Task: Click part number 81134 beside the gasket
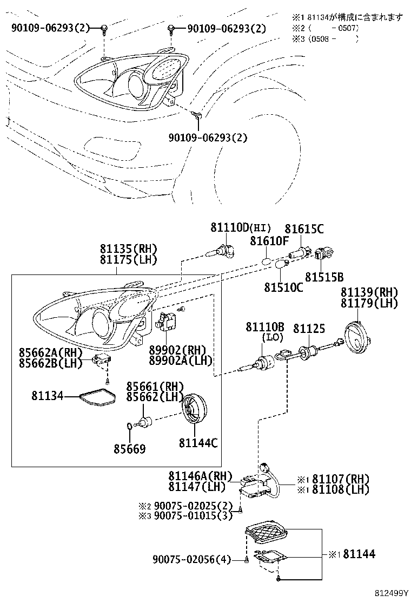click(x=47, y=396)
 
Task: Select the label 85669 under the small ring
click(x=130, y=449)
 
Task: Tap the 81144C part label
click(x=198, y=443)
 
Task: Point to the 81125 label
click(x=309, y=329)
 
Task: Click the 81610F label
click(x=269, y=241)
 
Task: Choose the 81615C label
click(x=304, y=229)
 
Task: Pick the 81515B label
click(x=324, y=277)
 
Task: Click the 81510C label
click(x=283, y=287)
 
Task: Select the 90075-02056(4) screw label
click(x=191, y=560)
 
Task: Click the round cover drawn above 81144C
click(x=194, y=409)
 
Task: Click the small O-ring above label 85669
click(x=130, y=426)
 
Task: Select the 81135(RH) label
click(x=129, y=249)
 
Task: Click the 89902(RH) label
click(x=177, y=350)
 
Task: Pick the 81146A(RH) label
click(x=200, y=476)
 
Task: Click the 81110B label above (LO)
click(x=265, y=327)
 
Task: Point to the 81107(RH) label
click(x=341, y=479)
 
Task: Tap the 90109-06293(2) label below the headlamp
click(x=208, y=138)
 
